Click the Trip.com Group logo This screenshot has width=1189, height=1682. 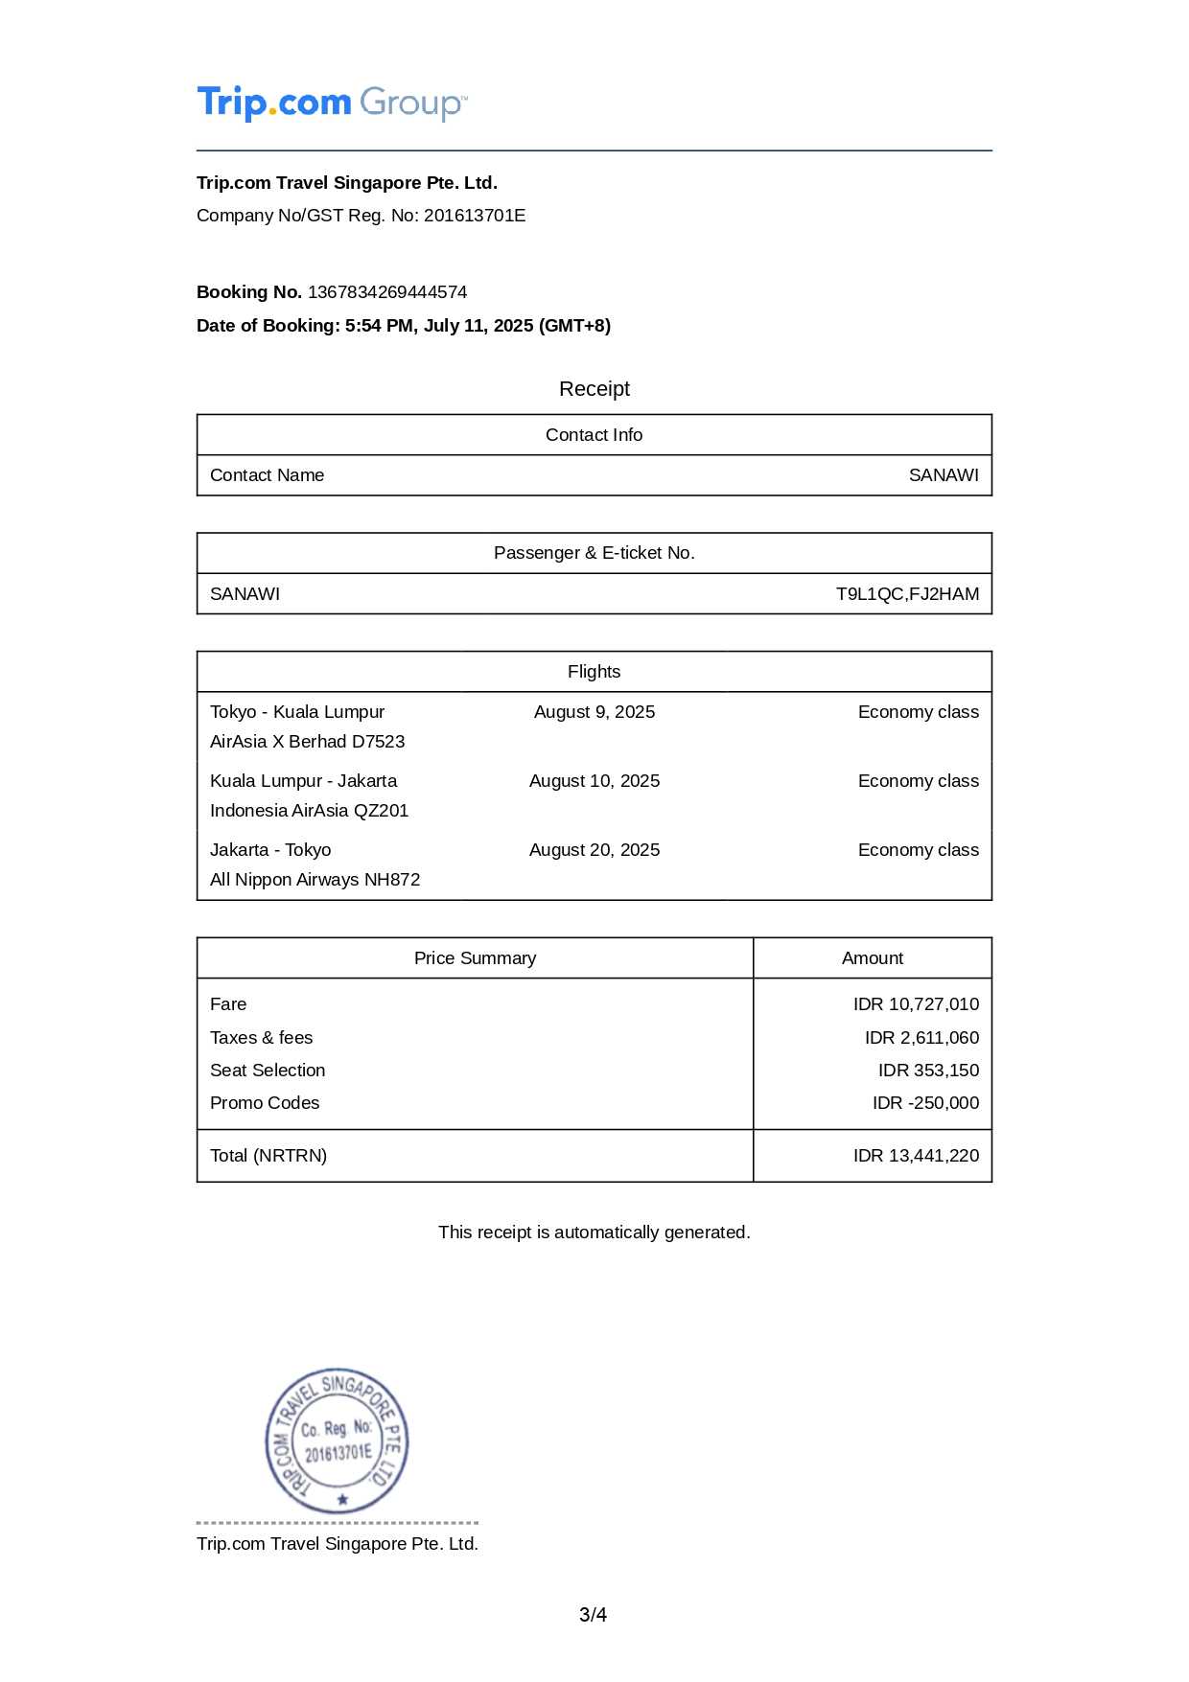pyautogui.click(x=332, y=103)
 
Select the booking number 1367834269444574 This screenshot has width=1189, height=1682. pyautogui.click(x=387, y=292)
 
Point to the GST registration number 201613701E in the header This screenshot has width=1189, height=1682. pyautogui.click(x=475, y=216)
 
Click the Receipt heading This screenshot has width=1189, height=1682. pyautogui.click(x=594, y=389)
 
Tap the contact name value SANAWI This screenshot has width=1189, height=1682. pyautogui.click(x=944, y=475)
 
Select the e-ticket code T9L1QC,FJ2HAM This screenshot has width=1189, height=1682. pyautogui.click(x=907, y=594)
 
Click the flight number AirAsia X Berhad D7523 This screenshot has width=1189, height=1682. pyautogui.click(x=307, y=742)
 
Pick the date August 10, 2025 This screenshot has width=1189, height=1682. pyautogui.click(x=594, y=781)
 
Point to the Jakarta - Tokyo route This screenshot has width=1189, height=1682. pyautogui.click(x=270, y=850)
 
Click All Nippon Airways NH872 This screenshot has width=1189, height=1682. pyautogui.click(x=315, y=880)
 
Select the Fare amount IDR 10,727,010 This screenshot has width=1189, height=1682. pyautogui.click(x=916, y=1004)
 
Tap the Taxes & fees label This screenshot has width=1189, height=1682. pyautogui.click(x=261, y=1038)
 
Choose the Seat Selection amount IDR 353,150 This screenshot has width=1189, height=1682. pyautogui.click(x=928, y=1071)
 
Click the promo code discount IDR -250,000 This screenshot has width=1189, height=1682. pyautogui.click(x=925, y=1103)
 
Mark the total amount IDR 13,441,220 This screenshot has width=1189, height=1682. pyautogui.click(x=916, y=1156)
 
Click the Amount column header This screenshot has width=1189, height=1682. pyautogui.click(x=873, y=958)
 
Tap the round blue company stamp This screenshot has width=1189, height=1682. pyautogui.click(x=338, y=1440)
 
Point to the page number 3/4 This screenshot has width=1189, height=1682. pyautogui.click(x=593, y=1615)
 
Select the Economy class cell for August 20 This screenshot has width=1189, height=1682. pyautogui.click(x=918, y=850)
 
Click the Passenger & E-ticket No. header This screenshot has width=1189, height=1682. pyautogui.click(x=594, y=553)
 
